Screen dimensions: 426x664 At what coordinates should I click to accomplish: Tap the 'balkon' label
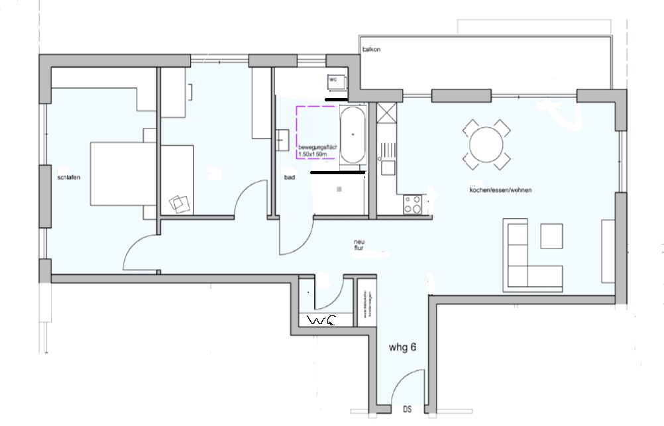pos(371,50)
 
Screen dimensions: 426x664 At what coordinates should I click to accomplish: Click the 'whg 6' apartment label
pos(402,346)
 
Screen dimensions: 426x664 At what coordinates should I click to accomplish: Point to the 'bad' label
pos(289,178)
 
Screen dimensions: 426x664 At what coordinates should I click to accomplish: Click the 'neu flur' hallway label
pos(359,246)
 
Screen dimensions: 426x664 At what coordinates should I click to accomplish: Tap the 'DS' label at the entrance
pos(406,409)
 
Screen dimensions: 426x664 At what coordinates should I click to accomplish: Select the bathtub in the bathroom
pos(352,135)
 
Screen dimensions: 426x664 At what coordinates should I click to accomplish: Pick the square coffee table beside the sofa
pos(551,236)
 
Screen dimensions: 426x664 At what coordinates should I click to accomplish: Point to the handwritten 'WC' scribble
pos(322,321)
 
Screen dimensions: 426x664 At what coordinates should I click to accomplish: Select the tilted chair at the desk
pos(179,203)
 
